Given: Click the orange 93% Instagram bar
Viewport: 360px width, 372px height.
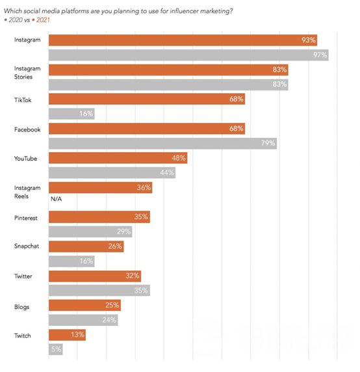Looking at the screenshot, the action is [183, 40].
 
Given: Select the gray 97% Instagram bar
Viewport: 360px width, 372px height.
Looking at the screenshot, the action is [188, 55].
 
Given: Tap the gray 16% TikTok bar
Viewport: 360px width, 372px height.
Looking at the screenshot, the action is [71, 114].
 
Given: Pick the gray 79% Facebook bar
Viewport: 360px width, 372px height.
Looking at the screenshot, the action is [163, 143].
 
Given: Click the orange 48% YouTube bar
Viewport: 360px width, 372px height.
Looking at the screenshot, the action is [118, 158].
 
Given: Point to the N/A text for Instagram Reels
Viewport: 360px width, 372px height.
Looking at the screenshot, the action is [56, 199].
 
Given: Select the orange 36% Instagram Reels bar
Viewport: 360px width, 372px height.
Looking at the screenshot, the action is [101, 188].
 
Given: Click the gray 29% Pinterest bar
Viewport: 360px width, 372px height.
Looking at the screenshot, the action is [90, 232].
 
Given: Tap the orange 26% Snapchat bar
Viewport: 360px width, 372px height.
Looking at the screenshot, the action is [86, 246].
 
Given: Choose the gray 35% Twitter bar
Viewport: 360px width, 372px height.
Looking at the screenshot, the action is [99, 291].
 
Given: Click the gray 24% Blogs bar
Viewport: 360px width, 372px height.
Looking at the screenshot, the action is [83, 320].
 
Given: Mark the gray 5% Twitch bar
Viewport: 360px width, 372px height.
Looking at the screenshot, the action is [56, 349].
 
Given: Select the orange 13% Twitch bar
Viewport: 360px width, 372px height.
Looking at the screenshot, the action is [67, 335].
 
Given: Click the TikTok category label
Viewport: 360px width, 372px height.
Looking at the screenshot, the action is [23, 100].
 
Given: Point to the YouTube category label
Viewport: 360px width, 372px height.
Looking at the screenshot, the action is [25, 159].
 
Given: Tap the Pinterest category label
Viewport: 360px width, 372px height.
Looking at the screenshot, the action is [26, 218].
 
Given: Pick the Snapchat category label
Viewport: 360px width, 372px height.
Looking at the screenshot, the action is [27, 246].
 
